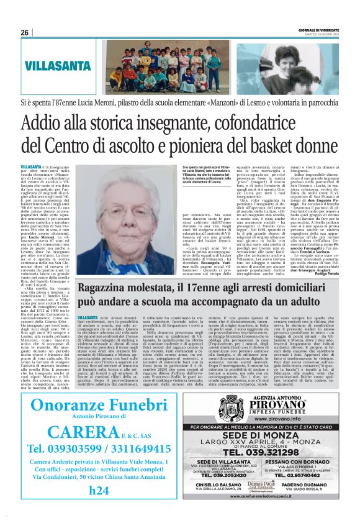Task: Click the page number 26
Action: click(x=25, y=33)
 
